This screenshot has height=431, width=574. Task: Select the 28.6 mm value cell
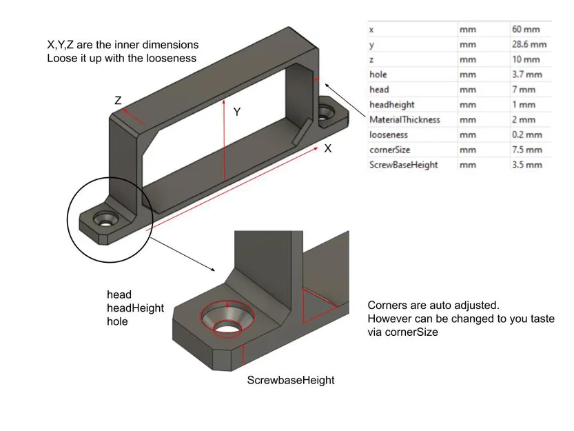(529, 45)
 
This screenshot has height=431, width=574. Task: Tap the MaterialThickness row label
(404, 120)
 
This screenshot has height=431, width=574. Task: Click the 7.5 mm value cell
(526, 150)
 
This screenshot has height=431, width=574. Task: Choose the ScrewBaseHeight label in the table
(403, 165)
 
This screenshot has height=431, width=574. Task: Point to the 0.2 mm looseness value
(526, 135)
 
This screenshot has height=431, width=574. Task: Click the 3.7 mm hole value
(526, 74)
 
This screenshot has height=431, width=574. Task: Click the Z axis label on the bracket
(118, 101)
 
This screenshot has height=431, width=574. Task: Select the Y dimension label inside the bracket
(236, 111)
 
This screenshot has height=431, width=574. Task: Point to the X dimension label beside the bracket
(328, 148)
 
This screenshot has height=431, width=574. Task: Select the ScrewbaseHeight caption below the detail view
(290, 380)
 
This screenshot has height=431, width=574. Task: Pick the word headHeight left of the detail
(135, 308)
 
